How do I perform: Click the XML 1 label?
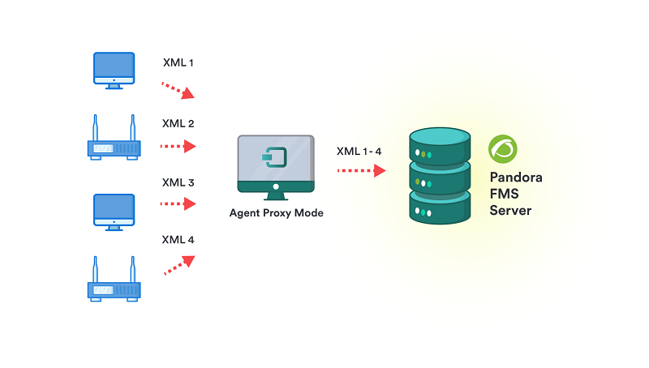point(178,62)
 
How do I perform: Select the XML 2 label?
point(178,124)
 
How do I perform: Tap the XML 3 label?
point(178,182)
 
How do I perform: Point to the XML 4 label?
point(178,240)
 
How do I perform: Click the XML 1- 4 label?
point(359,151)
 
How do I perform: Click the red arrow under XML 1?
point(178,89)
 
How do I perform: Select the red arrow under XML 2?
point(178,147)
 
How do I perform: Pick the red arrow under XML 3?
point(178,204)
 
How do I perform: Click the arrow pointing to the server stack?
point(361,171)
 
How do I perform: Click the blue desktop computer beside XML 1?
point(114,69)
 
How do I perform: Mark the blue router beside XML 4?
point(114,280)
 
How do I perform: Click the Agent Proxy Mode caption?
point(276,214)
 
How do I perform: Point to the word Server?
point(510,211)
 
